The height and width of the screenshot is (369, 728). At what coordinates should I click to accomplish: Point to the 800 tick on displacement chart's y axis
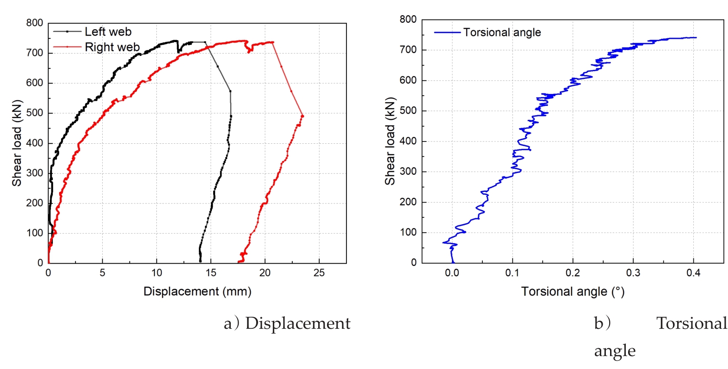click(x=34, y=23)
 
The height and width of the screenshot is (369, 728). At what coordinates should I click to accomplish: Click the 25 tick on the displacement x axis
click(x=319, y=273)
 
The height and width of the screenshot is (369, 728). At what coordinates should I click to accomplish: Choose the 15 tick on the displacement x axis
click(x=211, y=273)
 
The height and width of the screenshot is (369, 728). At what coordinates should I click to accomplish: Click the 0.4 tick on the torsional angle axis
click(x=693, y=273)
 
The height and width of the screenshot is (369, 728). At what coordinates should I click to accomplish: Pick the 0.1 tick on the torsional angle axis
click(x=512, y=273)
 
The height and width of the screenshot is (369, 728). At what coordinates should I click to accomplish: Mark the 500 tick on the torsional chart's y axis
click(x=408, y=111)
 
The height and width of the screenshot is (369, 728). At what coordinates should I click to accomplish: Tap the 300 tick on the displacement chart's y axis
click(x=34, y=173)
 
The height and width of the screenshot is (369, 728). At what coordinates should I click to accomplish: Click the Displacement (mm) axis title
click(x=197, y=291)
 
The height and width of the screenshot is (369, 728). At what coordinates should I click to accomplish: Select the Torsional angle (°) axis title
click(x=573, y=292)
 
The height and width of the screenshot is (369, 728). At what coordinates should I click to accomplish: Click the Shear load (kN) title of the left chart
click(x=17, y=143)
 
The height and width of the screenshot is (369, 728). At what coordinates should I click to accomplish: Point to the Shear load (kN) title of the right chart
click(x=390, y=141)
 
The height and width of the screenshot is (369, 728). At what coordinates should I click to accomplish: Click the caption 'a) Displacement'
click(x=287, y=323)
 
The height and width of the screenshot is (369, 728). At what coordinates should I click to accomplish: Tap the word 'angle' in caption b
click(x=615, y=351)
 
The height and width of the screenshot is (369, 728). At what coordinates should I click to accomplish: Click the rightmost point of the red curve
click(x=302, y=116)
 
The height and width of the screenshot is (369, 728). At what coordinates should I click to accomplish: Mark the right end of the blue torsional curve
click(x=696, y=37)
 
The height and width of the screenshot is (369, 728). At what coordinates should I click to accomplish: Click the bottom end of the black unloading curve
click(x=200, y=261)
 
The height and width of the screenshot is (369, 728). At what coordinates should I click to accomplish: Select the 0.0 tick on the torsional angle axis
click(x=452, y=273)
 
